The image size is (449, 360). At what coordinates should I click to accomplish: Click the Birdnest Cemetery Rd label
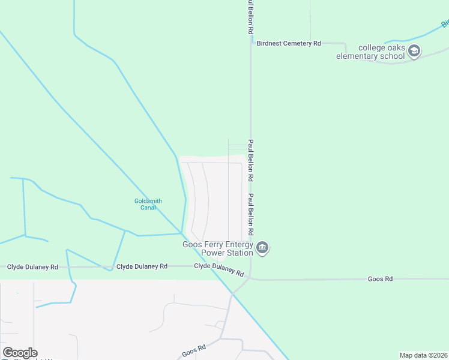click(289, 43)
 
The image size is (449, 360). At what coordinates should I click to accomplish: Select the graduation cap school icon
click(414, 52)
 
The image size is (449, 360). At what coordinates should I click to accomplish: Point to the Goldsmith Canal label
click(148, 205)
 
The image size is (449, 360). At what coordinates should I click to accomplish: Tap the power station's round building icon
click(262, 248)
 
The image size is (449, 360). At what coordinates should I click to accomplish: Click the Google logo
click(20, 353)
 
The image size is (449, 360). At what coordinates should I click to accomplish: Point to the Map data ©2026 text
click(424, 355)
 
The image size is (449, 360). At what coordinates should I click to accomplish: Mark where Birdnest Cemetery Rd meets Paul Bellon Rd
click(251, 43)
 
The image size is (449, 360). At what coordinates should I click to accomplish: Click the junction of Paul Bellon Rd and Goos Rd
click(251, 278)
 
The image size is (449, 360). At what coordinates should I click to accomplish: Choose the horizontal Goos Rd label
click(380, 279)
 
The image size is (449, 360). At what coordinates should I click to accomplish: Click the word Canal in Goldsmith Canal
click(148, 208)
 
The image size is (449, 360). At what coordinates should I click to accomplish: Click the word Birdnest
click(268, 43)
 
